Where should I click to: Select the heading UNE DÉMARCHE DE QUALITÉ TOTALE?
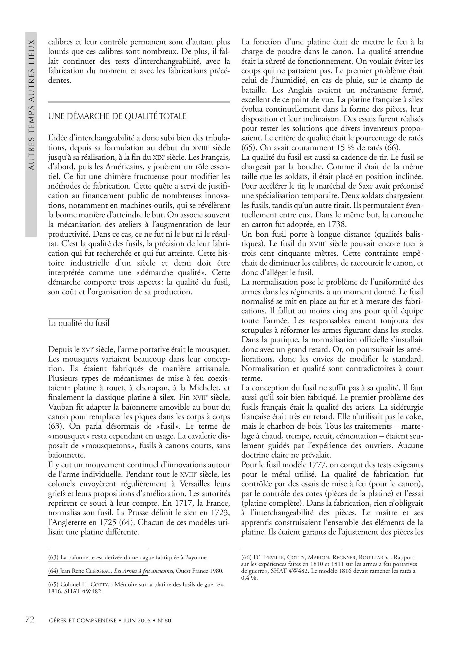[x=117, y=116]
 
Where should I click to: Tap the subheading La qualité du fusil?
[x=79, y=323]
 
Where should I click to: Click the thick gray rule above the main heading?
[x=139, y=102]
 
